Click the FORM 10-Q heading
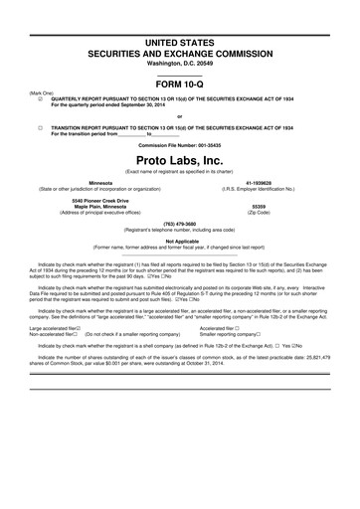pos(180,83)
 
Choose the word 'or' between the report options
pos(180,115)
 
